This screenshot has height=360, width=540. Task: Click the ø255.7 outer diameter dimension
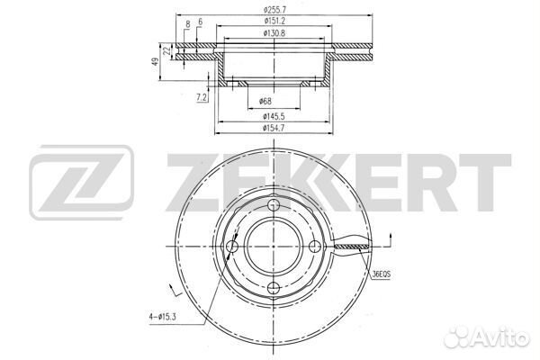click(x=274, y=10)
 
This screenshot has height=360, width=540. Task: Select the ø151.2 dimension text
click(x=274, y=21)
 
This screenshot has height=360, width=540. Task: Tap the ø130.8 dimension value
click(x=274, y=33)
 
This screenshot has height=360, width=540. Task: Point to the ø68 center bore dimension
click(x=265, y=101)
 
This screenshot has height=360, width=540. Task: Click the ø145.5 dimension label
click(x=274, y=117)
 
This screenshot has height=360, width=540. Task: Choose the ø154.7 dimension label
click(x=274, y=128)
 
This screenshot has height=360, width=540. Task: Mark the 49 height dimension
click(x=156, y=62)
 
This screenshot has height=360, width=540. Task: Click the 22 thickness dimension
click(x=167, y=50)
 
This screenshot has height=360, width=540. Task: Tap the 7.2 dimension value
click(x=202, y=98)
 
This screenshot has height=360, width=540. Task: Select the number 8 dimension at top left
click(x=188, y=24)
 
